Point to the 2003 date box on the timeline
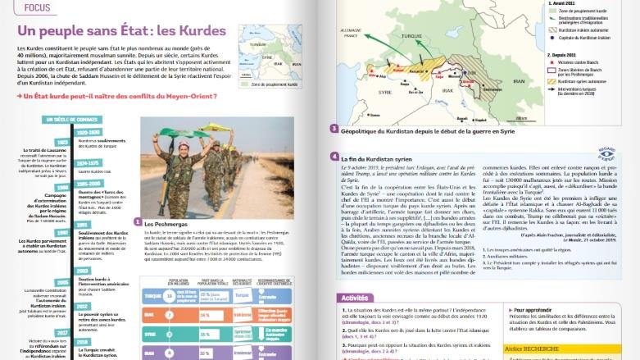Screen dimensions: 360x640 click(x=86, y=270)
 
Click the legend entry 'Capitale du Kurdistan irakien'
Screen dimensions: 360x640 click(x=570, y=38)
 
